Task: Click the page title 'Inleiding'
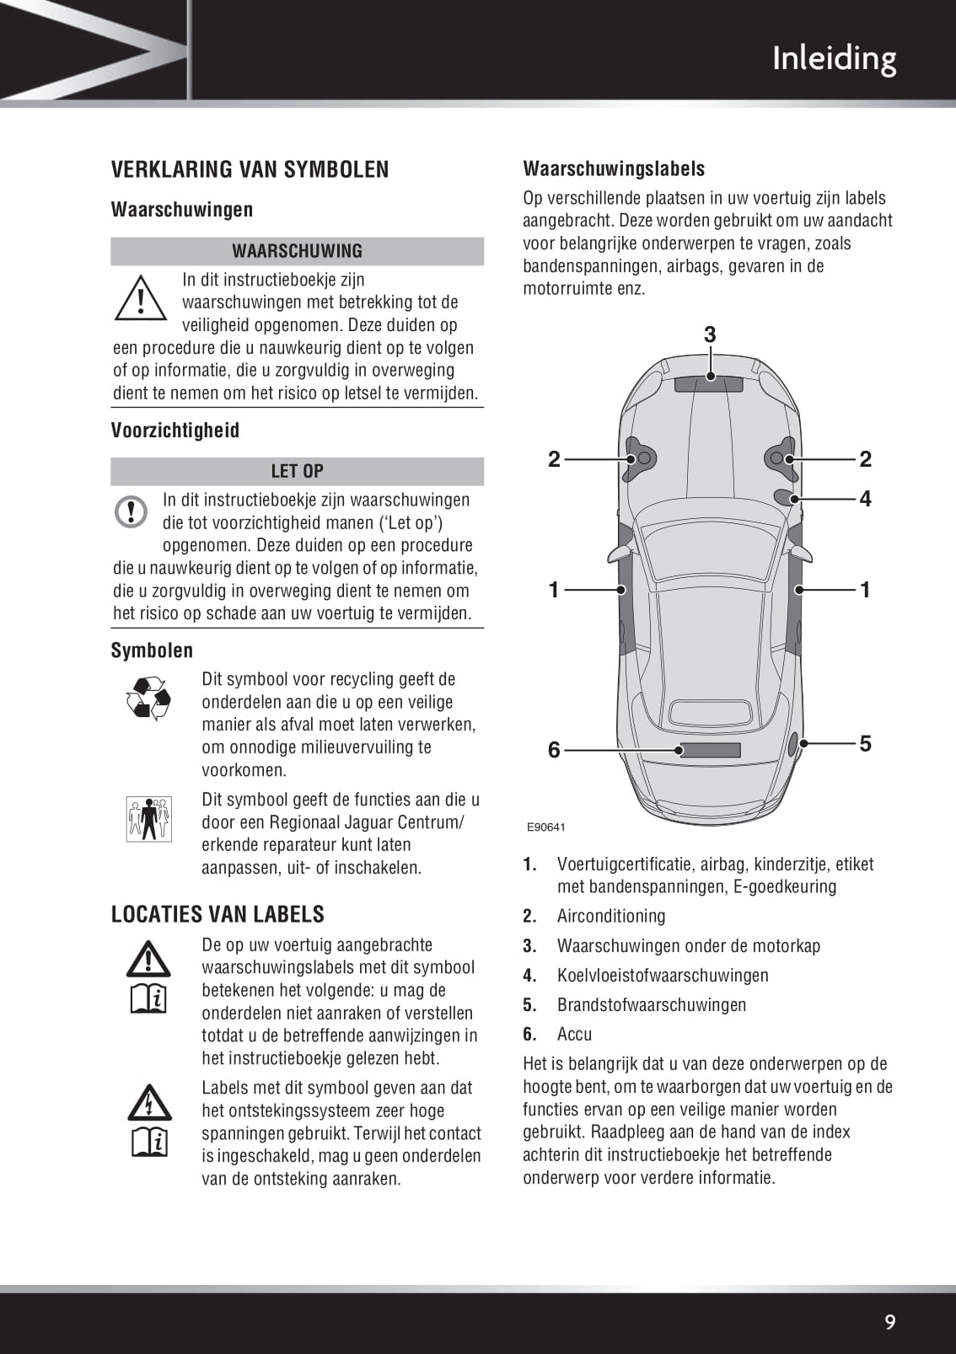point(834,58)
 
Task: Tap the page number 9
point(889,1321)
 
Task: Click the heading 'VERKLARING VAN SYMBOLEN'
point(250,169)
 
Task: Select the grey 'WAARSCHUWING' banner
point(297,251)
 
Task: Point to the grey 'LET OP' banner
point(297,471)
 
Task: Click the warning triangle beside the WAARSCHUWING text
point(140,298)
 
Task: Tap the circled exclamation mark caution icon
point(132,511)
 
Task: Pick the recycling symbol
point(148,698)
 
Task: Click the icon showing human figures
point(149,818)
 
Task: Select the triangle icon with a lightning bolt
point(148,1101)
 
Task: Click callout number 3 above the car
point(710,334)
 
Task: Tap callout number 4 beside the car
point(865,499)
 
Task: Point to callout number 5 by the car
point(865,743)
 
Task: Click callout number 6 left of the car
point(554,749)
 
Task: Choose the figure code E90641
point(546,827)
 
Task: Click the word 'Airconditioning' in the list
point(611,916)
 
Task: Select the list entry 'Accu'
point(575,1034)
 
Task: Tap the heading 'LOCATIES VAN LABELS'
point(218,914)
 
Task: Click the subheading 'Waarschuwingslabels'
point(614,169)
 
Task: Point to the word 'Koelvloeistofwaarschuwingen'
point(663,975)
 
